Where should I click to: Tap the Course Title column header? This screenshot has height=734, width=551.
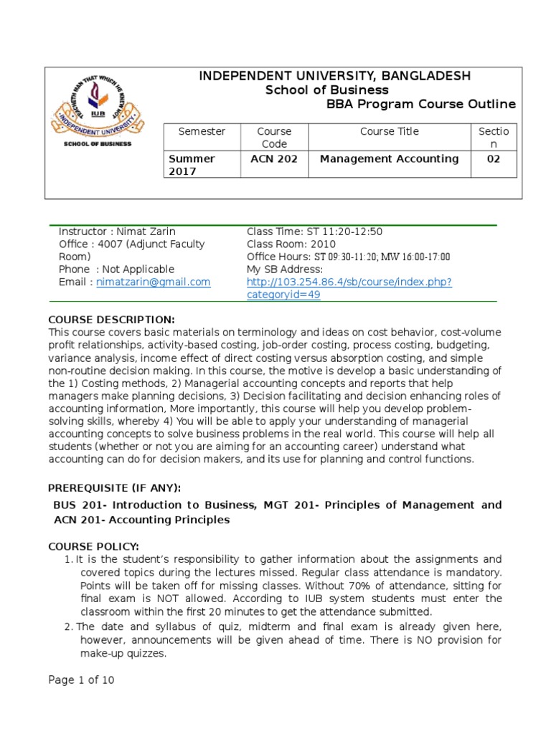coord(389,131)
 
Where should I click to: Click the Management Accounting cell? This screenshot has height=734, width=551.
coord(389,159)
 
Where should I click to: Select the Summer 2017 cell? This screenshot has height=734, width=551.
coord(192,165)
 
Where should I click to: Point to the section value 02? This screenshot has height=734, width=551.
coord(493,159)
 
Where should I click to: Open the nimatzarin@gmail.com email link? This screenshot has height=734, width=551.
coord(154,282)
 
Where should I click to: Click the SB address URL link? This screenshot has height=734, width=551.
coord(349,288)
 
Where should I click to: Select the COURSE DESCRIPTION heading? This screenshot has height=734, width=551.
coord(110,320)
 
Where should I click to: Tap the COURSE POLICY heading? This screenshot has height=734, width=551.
coord(93,546)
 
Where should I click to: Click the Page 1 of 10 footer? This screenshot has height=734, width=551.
coord(81,680)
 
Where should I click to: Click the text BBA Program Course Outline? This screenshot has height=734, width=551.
coord(420,104)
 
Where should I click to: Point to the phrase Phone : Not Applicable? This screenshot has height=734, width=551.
coord(116,270)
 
